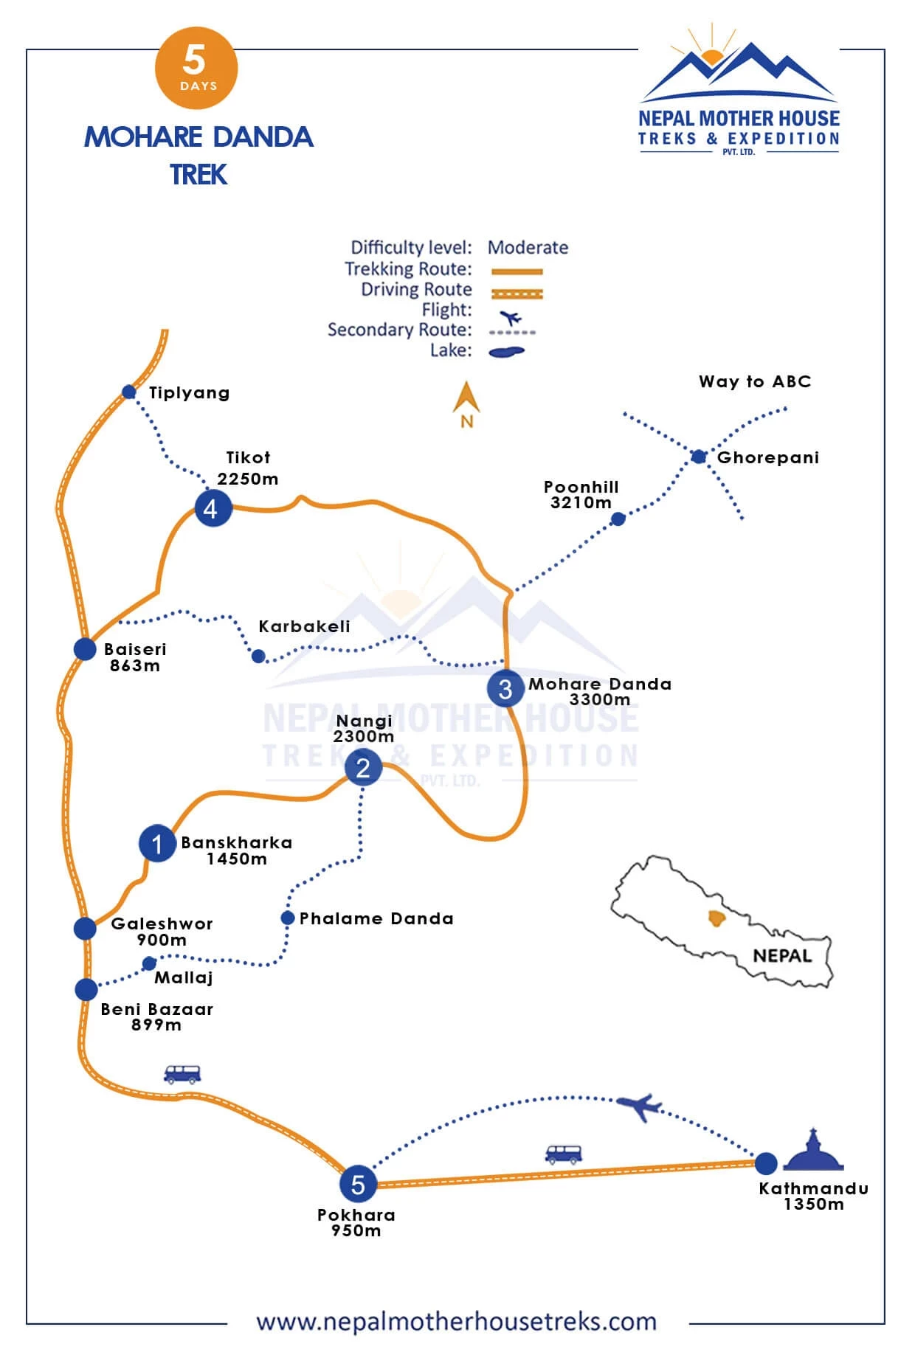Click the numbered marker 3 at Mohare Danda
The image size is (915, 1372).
click(505, 688)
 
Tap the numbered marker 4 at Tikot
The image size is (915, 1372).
click(213, 508)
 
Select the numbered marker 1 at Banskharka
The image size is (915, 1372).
click(156, 843)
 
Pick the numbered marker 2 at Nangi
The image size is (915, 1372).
click(362, 768)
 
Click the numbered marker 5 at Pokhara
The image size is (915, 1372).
click(358, 1184)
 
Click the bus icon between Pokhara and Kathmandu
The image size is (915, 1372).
click(564, 1154)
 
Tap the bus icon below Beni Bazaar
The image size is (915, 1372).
click(182, 1073)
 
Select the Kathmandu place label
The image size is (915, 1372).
click(813, 1188)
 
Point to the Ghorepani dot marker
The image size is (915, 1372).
click(699, 457)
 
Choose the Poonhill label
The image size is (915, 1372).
click(581, 487)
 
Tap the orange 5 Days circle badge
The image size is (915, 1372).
click(196, 68)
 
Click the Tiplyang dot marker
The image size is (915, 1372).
click(129, 392)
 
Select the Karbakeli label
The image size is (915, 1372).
click(304, 626)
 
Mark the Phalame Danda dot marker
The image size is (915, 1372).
click(288, 918)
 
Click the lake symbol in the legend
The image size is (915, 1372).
click(506, 352)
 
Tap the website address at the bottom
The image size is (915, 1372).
click(456, 1321)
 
